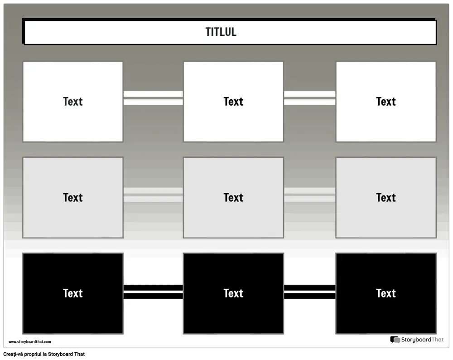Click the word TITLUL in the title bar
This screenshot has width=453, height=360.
pos(221,32)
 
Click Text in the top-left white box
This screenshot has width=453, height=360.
pos(73,102)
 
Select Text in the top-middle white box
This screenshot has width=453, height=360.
pos(233,102)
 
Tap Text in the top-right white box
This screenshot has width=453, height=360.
pos(386,102)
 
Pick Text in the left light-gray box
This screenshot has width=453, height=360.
pos(73,198)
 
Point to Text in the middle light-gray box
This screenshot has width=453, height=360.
pos(233,198)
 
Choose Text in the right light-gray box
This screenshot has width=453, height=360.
pos(386,198)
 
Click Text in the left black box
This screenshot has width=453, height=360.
pos(73,293)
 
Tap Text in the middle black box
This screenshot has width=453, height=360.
pos(233,293)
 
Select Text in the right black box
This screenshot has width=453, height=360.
pos(386,293)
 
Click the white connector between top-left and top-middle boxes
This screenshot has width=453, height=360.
pos(153,98)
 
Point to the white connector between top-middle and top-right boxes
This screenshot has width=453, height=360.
pos(310,98)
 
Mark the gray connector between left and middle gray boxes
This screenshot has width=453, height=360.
pos(153,195)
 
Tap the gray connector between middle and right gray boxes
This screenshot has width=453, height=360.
pos(310,195)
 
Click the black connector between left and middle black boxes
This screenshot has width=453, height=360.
pos(153,292)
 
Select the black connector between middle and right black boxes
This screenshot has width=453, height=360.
pos(310,292)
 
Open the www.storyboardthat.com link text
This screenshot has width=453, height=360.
pos(30,342)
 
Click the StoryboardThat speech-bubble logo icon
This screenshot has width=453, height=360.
pos(395,340)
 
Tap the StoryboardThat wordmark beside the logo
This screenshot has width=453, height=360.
pos(422,340)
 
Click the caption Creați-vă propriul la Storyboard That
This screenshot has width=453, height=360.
pos(44,354)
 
